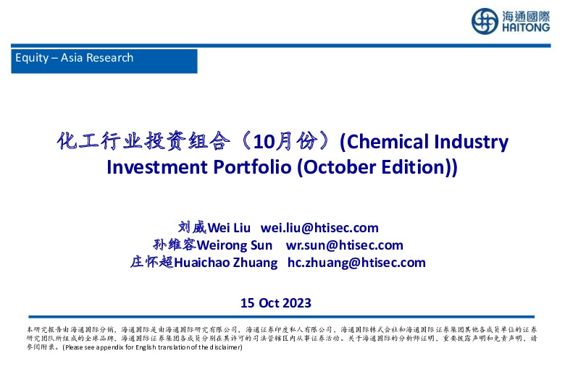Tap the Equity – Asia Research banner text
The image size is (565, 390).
click(x=74, y=58)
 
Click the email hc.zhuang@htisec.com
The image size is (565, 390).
click(x=356, y=263)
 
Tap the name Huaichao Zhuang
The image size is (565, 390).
click(x=227, y=263)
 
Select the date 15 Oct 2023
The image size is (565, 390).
click(x=276, y=302)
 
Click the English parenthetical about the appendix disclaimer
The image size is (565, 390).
click(x=151, y=347)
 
